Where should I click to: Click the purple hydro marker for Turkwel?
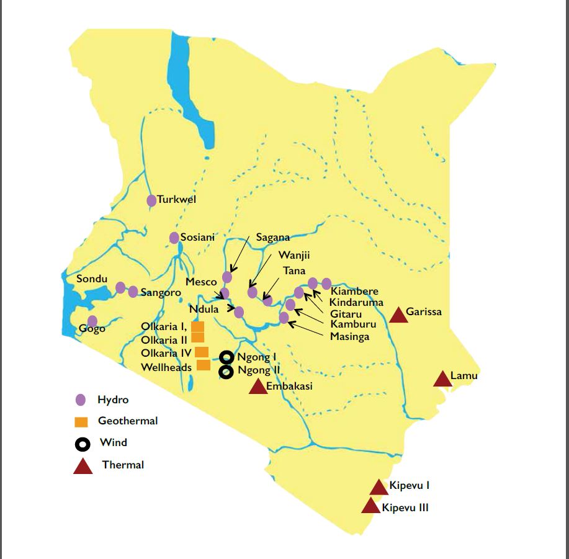(x=151, y=200)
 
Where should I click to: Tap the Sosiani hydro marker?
(x=174, y=238)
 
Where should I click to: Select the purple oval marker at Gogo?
(x=92, y=321)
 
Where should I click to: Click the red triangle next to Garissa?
(x=398, y=315)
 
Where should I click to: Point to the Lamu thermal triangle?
(x=442, y=378)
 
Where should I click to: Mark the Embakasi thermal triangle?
(x=258, y=387)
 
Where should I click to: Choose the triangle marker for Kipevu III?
(x=370, y=506)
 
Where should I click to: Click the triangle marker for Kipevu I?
(x=379, y=488)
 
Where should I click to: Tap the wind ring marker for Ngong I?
(x=226, y=357)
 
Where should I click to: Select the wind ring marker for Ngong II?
(x=226, y=372)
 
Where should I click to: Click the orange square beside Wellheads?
(x=204, y=365)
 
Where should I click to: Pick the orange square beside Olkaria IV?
(x=202, y=352)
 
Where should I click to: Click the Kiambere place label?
(x=354, y=291)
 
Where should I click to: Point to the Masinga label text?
(x=349, y=336)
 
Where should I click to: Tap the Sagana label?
(x=273, y=238)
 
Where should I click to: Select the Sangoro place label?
(x=161, y=292)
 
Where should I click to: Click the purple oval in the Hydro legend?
(x=80, y=400)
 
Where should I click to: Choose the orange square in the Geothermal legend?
(x=81, y=422)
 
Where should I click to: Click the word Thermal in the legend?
(x=123, y=465)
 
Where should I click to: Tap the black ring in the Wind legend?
(x=82, y=444)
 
